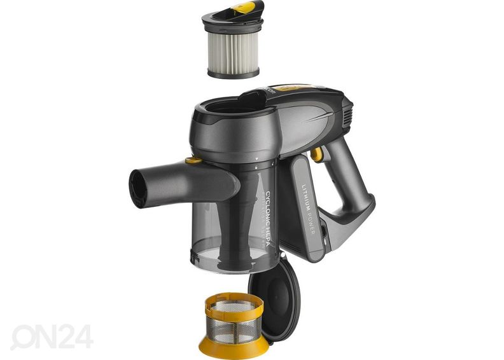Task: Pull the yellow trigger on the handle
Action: (x=316, y=154)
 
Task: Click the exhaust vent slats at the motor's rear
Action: (x=347, y=115)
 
